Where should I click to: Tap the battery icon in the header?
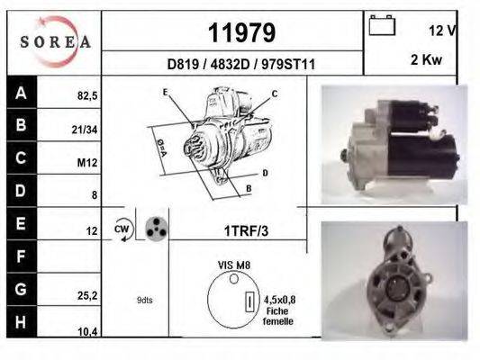click(x=383, y=26)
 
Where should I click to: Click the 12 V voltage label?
click(x=442, y=31)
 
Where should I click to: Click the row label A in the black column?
click(x=22, y=93)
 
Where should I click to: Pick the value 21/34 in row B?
click(x=84, y=129)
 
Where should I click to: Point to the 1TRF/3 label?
click(x=247, y=230)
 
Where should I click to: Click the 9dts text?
click(x=144, y=300)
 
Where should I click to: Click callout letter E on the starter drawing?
click(x=165, y=92)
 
